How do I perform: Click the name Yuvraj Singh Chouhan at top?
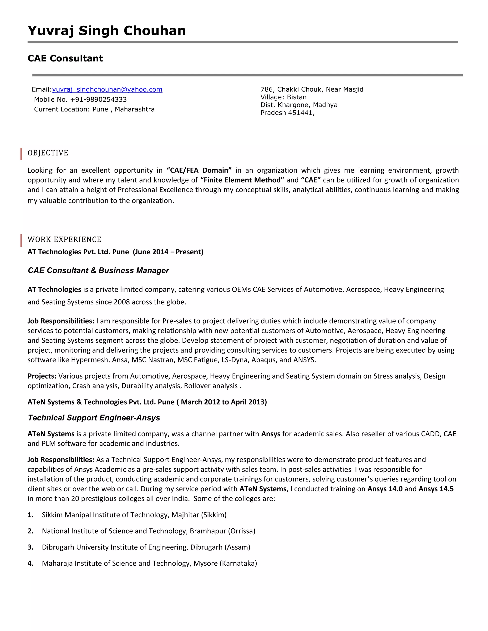(107, 31)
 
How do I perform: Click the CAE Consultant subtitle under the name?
(65, 58)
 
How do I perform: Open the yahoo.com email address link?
(107, 90)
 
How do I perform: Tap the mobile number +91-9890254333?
(98, 100)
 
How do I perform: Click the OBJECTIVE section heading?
(48, 153)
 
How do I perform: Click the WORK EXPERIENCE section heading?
(65, 240)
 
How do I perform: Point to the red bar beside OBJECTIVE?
(21, 154)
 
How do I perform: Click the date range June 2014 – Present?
(168, 252)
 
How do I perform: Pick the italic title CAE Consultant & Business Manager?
(98, 271)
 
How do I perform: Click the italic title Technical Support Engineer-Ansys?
(94, 418)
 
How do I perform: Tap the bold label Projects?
(42, 376)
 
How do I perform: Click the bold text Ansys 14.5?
(436, 489)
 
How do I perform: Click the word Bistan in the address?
(297, 97)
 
